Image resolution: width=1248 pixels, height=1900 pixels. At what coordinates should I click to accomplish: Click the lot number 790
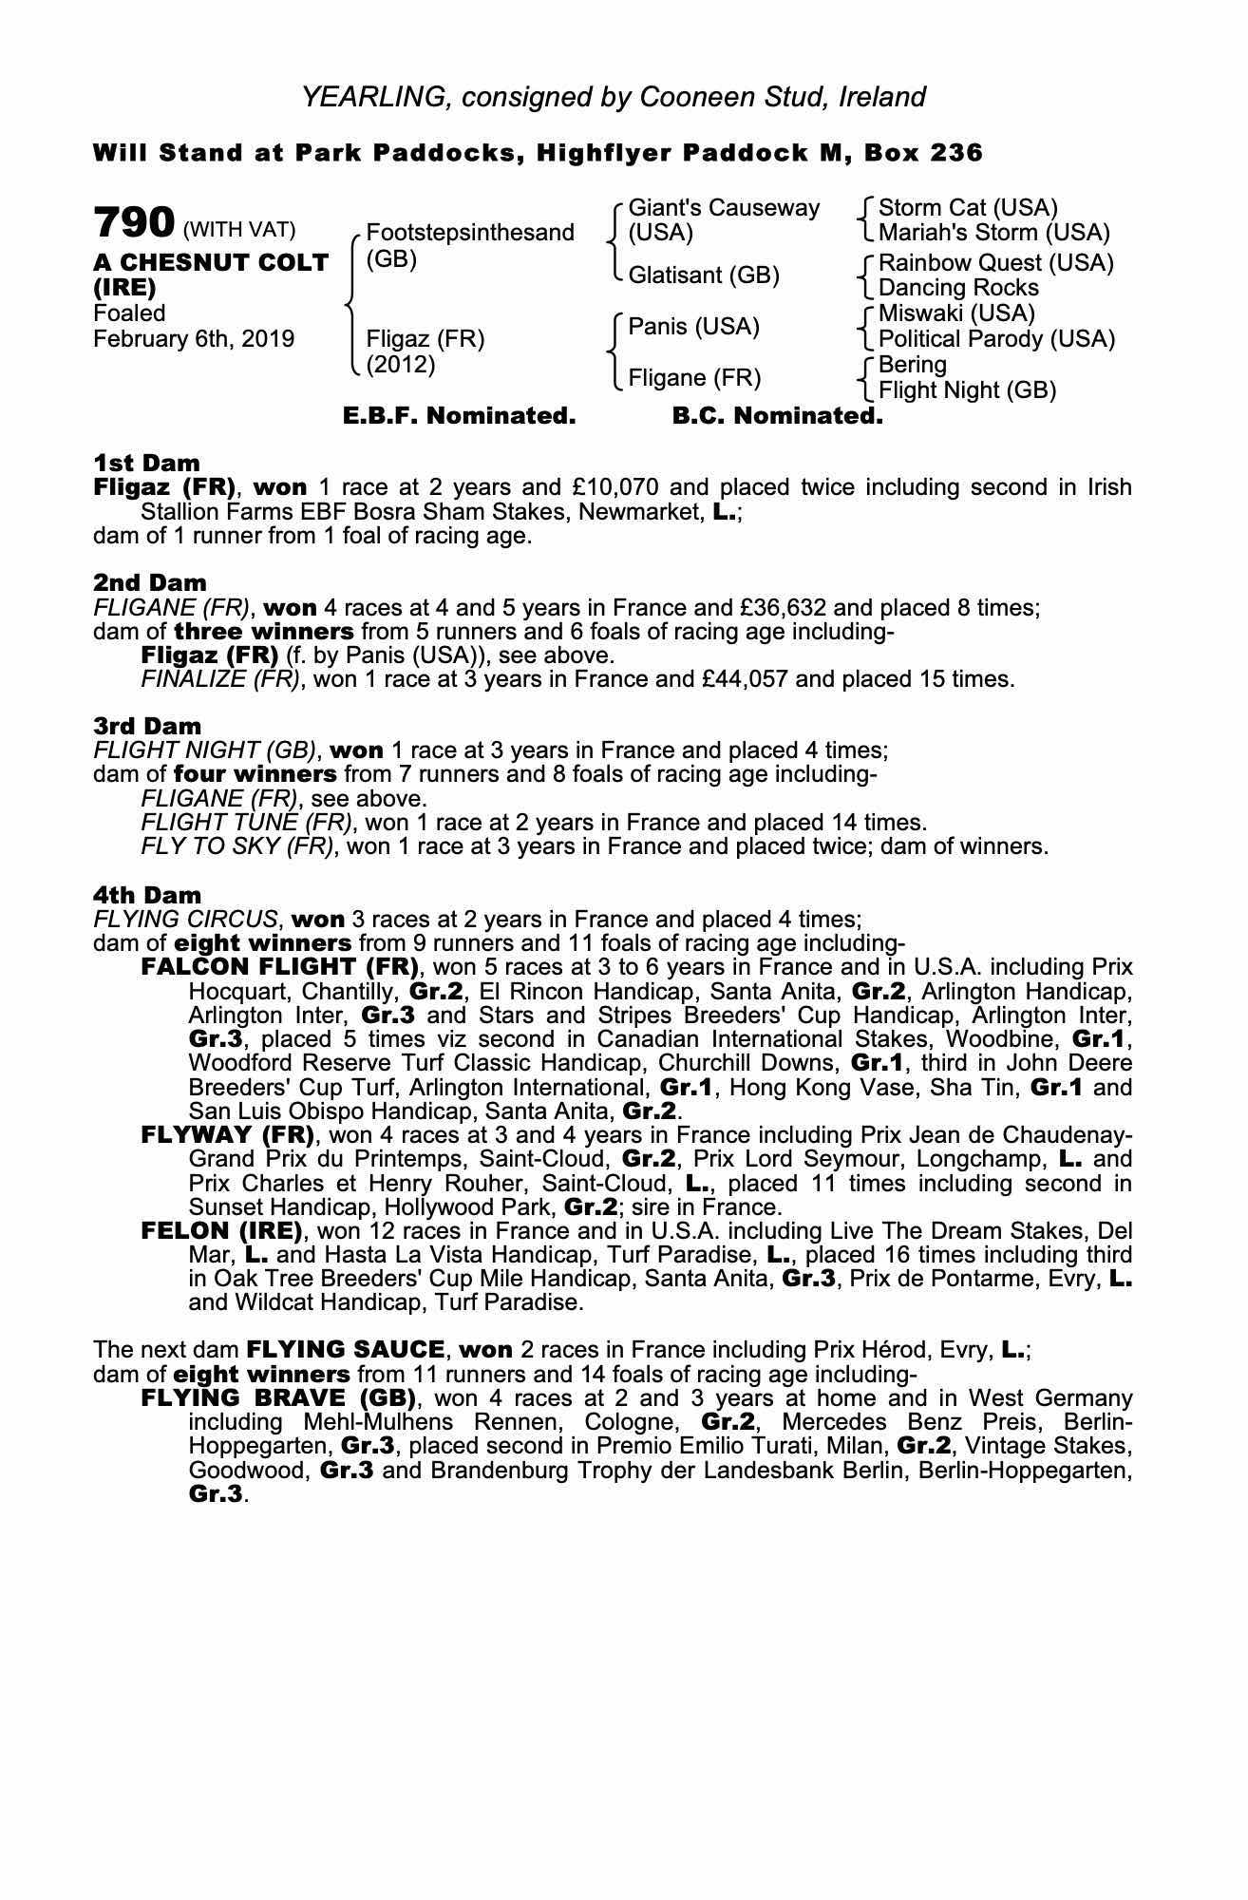click(134, 223)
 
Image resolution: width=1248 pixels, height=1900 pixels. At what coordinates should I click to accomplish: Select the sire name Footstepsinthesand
click(469, 233)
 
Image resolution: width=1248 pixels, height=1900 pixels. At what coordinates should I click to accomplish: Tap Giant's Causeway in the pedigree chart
click(724, 208)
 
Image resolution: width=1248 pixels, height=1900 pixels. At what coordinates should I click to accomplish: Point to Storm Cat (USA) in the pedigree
click(968, 208)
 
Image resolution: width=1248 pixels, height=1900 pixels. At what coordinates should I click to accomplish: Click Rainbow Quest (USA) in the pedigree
click(995, 262)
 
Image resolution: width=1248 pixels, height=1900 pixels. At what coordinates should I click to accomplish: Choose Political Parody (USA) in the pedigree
click(996, 339)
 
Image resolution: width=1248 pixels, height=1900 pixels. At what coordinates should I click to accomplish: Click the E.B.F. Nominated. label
click(459, 416)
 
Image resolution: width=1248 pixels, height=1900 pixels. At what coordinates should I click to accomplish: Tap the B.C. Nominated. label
click(777, 416)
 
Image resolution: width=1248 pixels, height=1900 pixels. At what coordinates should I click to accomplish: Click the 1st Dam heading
click(146, 464)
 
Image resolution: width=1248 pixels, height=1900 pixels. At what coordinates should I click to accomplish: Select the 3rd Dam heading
click(147, 727)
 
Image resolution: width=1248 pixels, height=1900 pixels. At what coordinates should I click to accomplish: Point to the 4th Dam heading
click(147, 895)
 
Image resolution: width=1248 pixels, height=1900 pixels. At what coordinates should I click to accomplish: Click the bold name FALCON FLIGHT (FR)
click(280, 967)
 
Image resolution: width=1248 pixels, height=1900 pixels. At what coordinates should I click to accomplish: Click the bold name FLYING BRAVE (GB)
click(279, 1398)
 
